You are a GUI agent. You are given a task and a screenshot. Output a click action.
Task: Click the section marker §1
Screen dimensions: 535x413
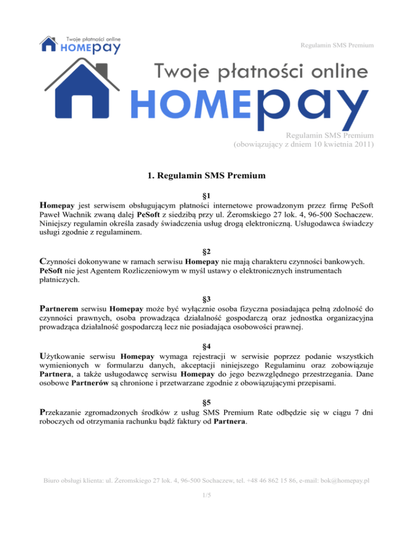pyautogui.click(x=206, y=198)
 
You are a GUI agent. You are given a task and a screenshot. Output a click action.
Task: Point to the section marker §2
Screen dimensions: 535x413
pyautogui.click(x=206, y=251)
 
